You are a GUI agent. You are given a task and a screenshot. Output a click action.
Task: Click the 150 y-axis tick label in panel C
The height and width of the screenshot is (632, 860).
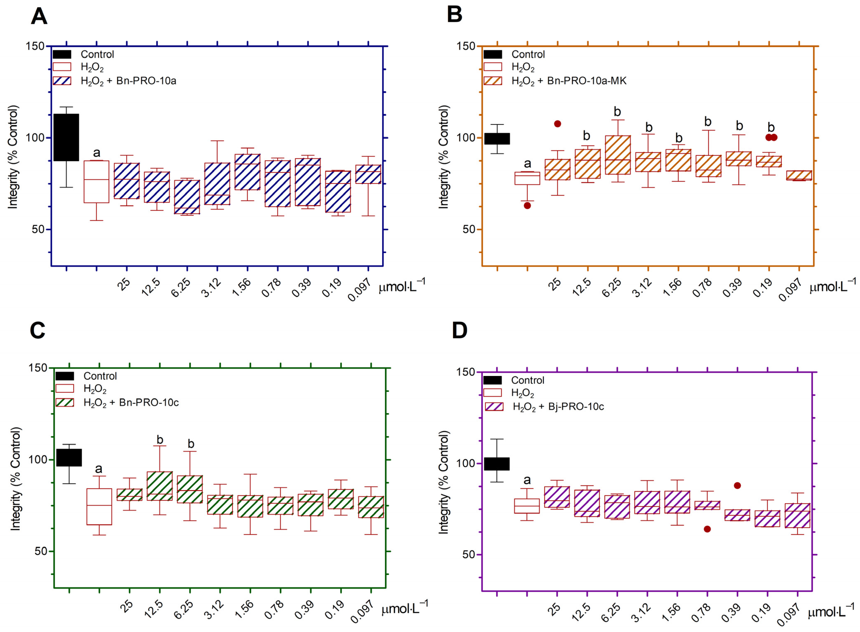tap(38, 368)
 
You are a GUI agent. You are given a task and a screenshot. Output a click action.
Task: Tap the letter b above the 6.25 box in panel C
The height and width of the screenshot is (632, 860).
tap(191, 444)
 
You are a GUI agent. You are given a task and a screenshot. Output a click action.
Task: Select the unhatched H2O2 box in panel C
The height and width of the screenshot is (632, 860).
tap(99, 506)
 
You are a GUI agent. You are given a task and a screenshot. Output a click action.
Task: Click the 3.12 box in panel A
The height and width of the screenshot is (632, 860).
tap(217, 184)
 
